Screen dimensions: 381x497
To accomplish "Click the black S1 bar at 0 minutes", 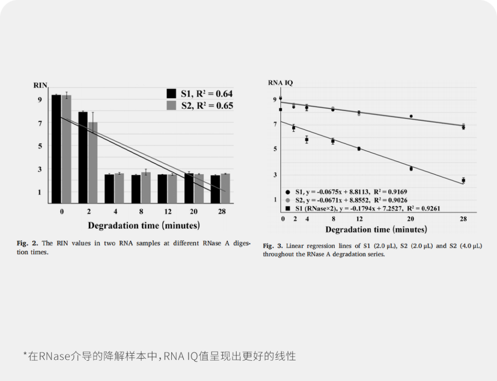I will tap(56, 149).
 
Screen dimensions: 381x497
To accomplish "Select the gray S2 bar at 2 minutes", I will tap(93, 163).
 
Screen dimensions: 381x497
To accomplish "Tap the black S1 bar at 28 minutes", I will tap(215, 189).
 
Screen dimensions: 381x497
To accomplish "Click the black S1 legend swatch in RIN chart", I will tap(172, 93).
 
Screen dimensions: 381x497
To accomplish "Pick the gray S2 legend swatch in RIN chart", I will tap(172, 105).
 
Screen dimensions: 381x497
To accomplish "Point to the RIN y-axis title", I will tap(40, 85).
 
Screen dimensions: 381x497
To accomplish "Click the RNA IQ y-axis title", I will tap(280, 83).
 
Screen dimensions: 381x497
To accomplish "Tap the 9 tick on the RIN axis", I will tap(40, 100).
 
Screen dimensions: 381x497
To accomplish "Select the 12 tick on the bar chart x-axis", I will tap(168, 212).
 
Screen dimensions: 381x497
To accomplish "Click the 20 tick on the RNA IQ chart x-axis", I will tap(410, 219).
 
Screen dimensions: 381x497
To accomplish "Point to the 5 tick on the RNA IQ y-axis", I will tap(275, 149).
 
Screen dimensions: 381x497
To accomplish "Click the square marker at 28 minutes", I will tap(463, 181).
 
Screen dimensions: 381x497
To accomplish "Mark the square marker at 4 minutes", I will tap(306, 139).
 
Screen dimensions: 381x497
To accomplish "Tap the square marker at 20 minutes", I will tap(411, 169).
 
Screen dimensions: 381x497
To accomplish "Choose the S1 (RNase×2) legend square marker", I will tap(287, 208).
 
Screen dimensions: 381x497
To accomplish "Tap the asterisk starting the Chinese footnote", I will tap(26, 354).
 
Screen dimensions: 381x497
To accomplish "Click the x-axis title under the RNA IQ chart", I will tap(376, 229).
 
